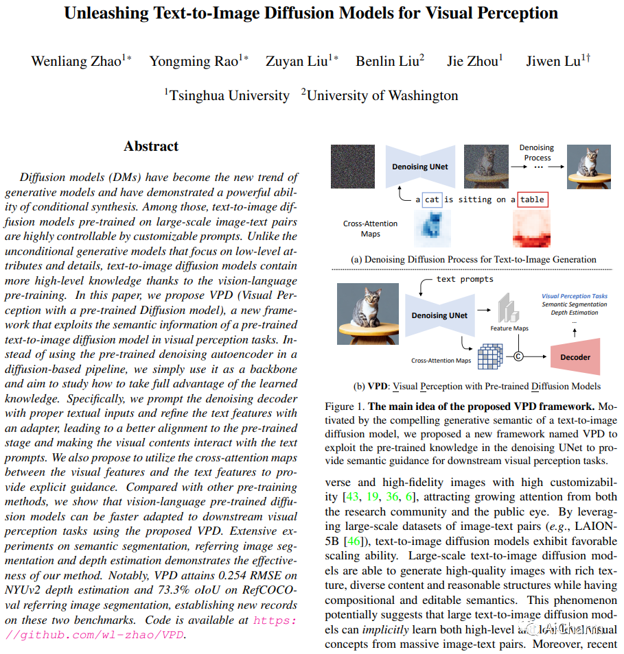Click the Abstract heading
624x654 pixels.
pos(151,146)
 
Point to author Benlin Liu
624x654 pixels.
pos(386,61)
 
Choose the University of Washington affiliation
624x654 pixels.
pos(382,95)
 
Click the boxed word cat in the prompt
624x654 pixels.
pos(431,199)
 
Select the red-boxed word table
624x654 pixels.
pos(532,199)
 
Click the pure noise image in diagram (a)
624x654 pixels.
pos(352,166)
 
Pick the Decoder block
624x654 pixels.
pos(576,357)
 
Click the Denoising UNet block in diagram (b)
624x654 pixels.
pos(439,315)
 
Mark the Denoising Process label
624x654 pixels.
pos(536,152)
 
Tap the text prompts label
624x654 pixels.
pos(465,280)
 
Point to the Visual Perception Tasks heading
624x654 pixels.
pos(574,296)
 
